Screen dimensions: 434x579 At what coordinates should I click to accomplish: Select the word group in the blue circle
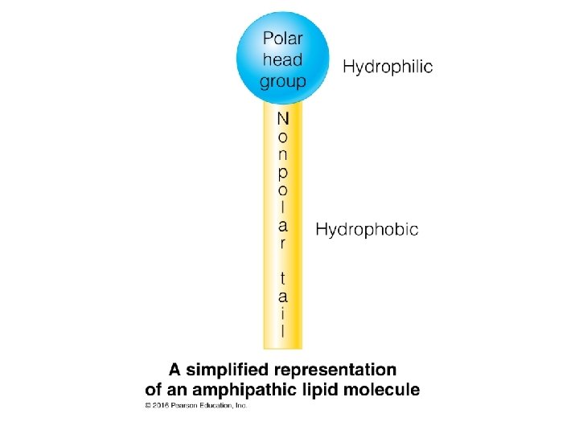283,80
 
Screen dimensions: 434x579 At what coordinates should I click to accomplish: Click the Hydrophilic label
388,67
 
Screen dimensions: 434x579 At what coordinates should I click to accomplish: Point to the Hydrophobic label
367,230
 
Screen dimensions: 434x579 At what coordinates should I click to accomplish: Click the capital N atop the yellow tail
282,119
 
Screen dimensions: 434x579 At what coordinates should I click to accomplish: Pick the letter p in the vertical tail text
282,172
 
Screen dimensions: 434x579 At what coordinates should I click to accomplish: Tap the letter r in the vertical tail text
282,243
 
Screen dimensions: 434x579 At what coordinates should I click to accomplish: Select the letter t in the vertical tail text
282,278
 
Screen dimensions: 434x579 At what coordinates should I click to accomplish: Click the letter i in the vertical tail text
282,313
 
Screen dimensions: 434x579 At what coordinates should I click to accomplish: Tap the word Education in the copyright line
216,406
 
